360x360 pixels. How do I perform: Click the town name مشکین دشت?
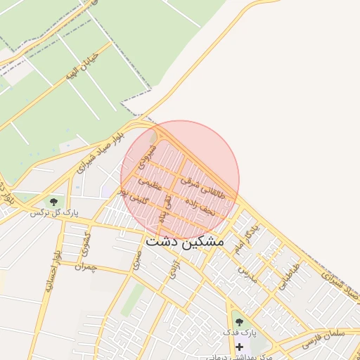click(x=185, y=241)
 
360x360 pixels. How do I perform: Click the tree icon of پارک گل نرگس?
click(x=53, y=202)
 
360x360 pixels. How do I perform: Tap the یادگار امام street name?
click(x=248, y=238)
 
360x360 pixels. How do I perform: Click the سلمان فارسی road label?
click(x=321, y=337)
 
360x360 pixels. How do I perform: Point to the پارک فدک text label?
click(x=238, y=331)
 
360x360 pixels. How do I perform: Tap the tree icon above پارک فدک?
click(x=239, y=321)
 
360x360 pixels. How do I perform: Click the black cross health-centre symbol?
click(x=239, y=347)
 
